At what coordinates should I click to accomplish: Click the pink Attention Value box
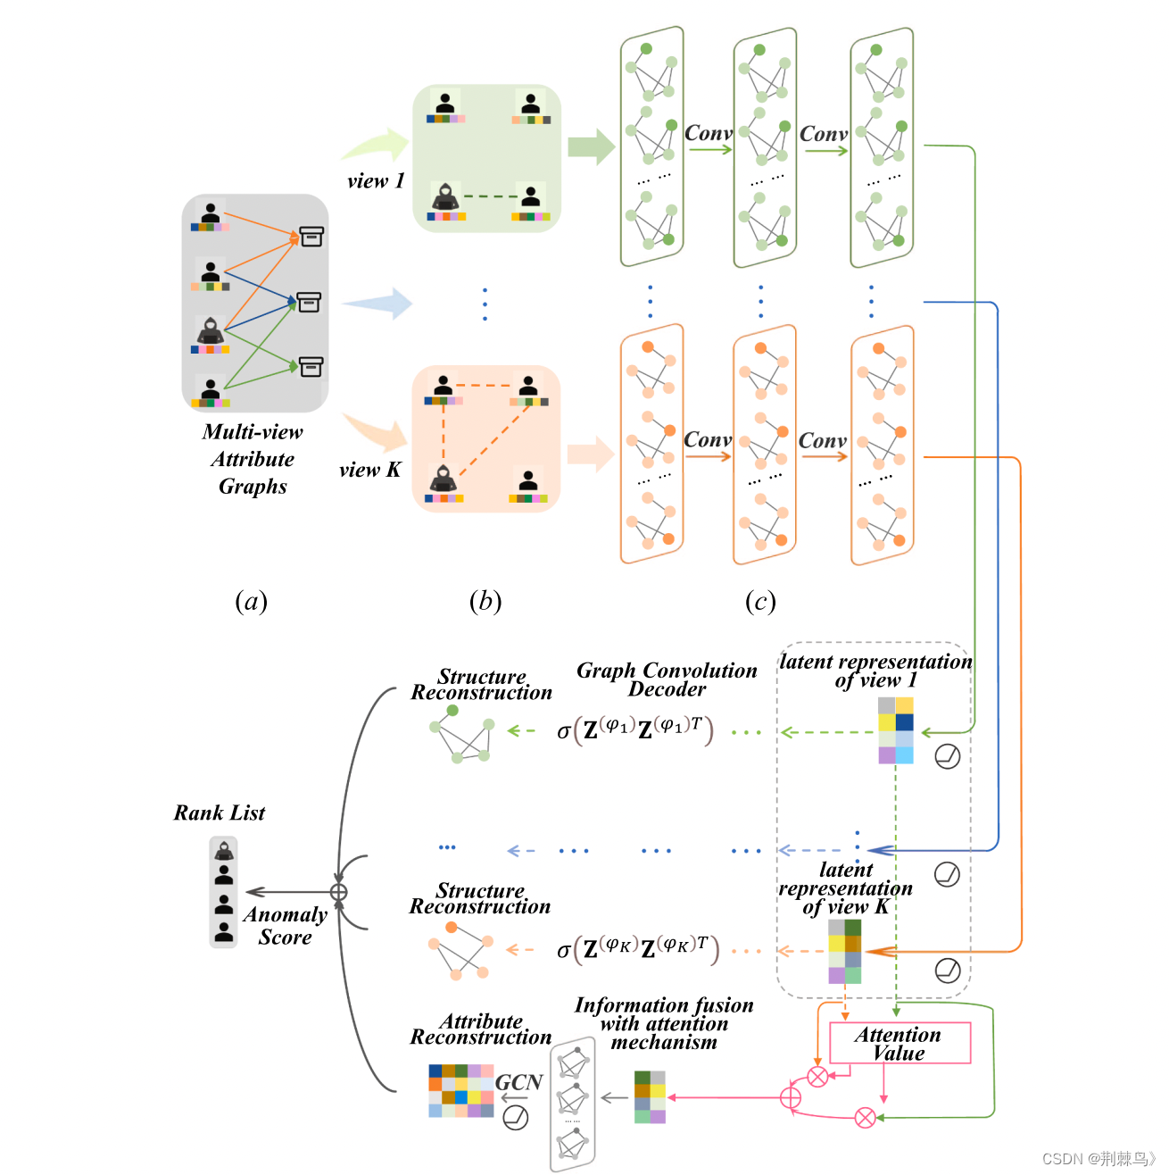(900, 1043)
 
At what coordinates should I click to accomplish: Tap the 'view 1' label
(376, 181)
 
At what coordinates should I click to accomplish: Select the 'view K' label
(369, 470)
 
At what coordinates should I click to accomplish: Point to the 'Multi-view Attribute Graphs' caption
(253, 459)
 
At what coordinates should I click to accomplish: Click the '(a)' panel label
(251, 601)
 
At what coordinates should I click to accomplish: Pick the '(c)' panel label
(760, 601)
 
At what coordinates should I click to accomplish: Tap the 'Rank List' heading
(220, 812)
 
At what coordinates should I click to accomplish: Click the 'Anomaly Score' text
(286, 926)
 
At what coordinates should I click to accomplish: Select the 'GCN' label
(518, 1082)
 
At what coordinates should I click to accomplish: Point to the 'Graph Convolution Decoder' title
(667, 679)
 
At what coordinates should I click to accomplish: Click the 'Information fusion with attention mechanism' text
(664, 1023)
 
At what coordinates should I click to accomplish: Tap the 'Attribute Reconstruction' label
(481, 1029)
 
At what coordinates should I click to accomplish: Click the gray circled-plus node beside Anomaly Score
(339, 892)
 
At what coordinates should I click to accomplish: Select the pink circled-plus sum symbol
(791, 1097)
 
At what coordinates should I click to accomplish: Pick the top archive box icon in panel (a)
(311, 237)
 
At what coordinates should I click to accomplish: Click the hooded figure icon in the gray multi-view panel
(211, 331)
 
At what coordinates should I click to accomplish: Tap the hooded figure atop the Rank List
(224, 850)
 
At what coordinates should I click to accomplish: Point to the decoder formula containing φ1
(634, 731)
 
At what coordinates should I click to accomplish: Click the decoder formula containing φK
(637, 949)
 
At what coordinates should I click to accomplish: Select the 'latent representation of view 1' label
(875, 671)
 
